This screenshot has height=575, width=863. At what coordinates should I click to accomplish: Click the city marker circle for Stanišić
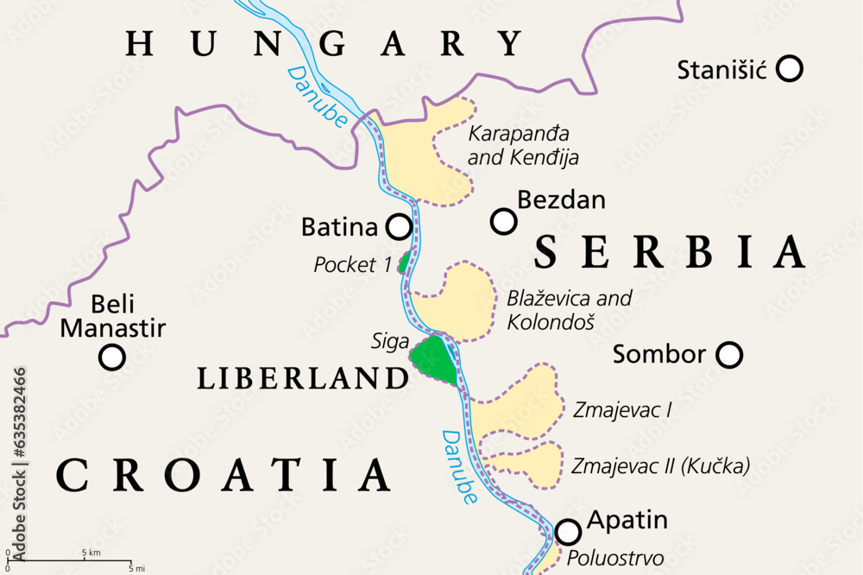[x=789, y=68]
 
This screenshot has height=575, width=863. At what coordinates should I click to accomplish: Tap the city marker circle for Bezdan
[x=503, y=222]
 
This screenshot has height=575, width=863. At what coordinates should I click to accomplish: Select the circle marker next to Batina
[x=399, y=227]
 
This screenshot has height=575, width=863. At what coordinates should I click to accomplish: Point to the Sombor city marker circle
[x=729, y=354]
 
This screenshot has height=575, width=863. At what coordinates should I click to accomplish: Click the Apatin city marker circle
[x=568, y=531]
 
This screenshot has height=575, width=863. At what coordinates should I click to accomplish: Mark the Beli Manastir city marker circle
[x=111, y=357]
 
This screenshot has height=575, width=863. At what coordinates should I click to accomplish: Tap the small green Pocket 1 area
[x=405, y=262]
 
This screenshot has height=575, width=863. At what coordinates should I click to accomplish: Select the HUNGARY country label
[x=324, y=43]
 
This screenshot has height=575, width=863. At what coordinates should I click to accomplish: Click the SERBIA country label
[x=669, y=251]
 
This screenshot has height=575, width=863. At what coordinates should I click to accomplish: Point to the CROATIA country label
[x=224, y=475]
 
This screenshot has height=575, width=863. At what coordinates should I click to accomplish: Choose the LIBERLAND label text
[x=303, y=377]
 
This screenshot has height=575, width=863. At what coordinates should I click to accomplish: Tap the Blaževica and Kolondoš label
[x=570, y=310]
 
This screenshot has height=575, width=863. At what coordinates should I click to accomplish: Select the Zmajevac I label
[x=621, y=410]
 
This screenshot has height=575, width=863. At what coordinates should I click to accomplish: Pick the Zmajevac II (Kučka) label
[x=660, y=466]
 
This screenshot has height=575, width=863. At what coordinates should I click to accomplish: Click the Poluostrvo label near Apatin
[x=615, y=558]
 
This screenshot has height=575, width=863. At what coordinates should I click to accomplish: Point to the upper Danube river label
[x=317, y=97]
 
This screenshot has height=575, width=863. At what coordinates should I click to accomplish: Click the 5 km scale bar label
[x=91, y=552]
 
